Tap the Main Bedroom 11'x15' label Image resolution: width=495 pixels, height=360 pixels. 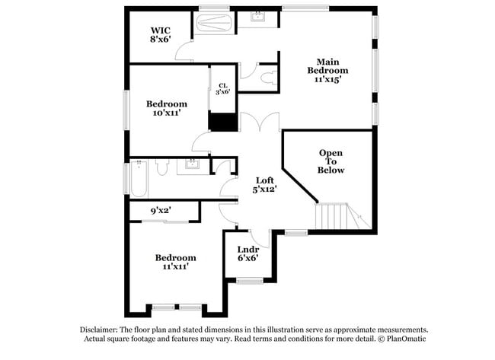pos(328,70)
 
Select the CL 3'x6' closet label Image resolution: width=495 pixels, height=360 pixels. pos(222,88)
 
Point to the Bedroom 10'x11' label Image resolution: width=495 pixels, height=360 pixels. pos(167,109)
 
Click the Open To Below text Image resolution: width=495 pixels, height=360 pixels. pos(331,161)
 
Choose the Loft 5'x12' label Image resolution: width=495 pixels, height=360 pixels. pos(264,184)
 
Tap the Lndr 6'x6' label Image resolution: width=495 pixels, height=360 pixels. pos(248,253)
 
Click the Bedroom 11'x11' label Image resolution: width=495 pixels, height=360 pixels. pos(176,263)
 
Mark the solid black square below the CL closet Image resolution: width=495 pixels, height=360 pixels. pos(222,123)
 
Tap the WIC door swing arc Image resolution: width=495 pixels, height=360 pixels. pos(185,52)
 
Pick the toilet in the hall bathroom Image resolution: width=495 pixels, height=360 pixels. pos(161,167)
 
